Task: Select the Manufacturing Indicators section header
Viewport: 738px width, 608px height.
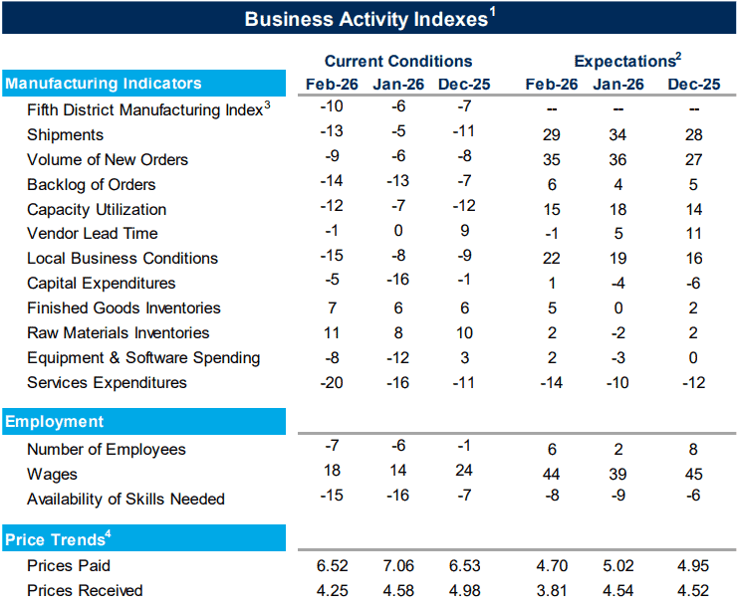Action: point(104,84)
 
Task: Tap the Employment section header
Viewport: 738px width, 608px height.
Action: point(55,422)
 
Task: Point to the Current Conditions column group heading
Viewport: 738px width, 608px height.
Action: point(397,61)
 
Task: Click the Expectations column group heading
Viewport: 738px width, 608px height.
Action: point(622,61)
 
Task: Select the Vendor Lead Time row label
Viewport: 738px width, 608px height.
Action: point(92,234)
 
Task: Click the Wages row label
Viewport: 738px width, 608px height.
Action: point(52,475)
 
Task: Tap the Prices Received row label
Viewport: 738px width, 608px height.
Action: point(85,591)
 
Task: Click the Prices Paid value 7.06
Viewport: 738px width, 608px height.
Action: point(397,566)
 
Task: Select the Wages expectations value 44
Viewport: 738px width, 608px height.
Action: point(551,475)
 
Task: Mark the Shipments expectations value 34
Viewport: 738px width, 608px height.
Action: point(617,134)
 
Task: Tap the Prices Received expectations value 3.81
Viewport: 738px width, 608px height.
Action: point(551,591)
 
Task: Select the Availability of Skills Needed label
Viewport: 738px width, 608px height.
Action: point(125,500)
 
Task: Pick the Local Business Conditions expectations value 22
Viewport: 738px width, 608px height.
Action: point(551,259)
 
